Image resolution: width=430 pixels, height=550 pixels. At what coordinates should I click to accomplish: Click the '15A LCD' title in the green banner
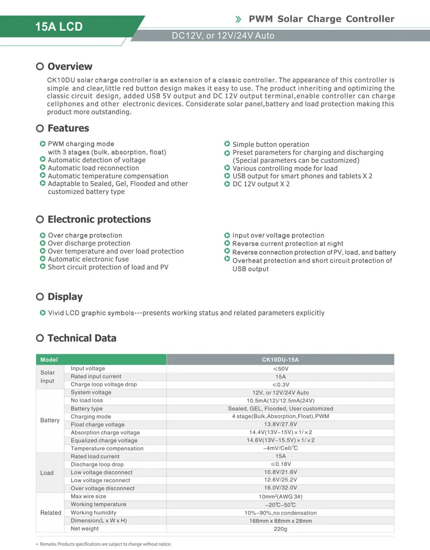[59, 27]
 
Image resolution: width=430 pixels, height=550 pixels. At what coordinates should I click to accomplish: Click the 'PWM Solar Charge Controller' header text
[321, 19]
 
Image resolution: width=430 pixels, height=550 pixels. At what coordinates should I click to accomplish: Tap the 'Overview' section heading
[70, 66]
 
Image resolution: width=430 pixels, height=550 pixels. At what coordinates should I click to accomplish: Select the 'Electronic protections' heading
[99, 219]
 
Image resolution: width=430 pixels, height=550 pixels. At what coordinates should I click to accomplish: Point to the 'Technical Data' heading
[82, 338]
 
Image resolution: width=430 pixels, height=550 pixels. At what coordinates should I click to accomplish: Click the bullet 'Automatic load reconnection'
[93, 168]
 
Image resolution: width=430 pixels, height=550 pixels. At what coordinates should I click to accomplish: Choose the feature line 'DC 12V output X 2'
[261, 184]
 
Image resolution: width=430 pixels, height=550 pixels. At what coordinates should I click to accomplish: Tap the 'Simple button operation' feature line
[271, 144]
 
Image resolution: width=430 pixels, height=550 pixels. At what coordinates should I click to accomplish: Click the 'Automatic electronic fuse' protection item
[88, 259]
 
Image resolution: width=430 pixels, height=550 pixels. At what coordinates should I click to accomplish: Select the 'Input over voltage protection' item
[278, 235]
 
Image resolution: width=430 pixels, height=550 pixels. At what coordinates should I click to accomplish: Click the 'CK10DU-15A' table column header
[281, 360]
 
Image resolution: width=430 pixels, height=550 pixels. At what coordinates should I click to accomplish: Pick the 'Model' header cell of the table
[49, 360]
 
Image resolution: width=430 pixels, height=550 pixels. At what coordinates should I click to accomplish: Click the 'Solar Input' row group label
[48, 377]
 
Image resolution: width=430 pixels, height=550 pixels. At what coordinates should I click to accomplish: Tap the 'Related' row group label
[51, 513]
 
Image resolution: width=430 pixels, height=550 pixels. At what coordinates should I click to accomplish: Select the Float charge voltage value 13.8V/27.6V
[281, 425]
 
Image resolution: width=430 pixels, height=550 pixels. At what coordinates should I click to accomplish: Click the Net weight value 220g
[281, 529]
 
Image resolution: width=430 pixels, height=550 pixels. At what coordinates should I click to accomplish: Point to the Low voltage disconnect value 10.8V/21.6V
[281, 473]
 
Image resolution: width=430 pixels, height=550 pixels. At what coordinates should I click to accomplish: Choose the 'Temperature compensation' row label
[107, 449]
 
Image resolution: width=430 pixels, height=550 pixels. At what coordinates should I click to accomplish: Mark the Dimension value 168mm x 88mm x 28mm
[281, 521]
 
